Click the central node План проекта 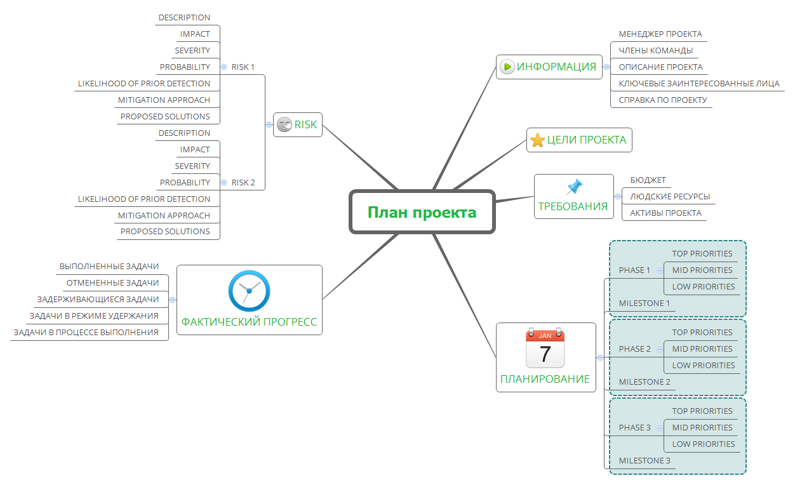(x=422, y=212)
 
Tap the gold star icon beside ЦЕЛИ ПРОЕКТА (x=537, y=140)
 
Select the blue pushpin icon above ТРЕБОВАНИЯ (x=574, y=187)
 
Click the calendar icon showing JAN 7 (x=545, y=348)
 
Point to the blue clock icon (x=249, y=291)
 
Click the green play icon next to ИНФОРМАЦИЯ (x=507, y=67)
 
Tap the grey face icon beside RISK (x=284, y=124)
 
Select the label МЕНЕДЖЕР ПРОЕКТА (x=660, y=34)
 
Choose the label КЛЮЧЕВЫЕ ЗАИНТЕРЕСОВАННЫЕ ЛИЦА (x=698, y=83)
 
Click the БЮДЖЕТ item (x=648, y=180)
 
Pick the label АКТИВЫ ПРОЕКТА (x=665, y=213)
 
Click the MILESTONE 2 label (x=645, y=382)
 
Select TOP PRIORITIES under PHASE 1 (x=702, y=254)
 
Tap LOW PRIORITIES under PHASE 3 (x=703, y=444)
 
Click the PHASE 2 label (x=634, y=349)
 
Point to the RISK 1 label (x=243, y=67)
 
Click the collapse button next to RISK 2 (x=224, y=183)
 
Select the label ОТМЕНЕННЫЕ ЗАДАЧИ (x=112, y=283)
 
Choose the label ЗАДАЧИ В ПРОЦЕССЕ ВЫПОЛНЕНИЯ (x=86, y=332)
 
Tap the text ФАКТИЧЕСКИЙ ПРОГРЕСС (x=249, y=322)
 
